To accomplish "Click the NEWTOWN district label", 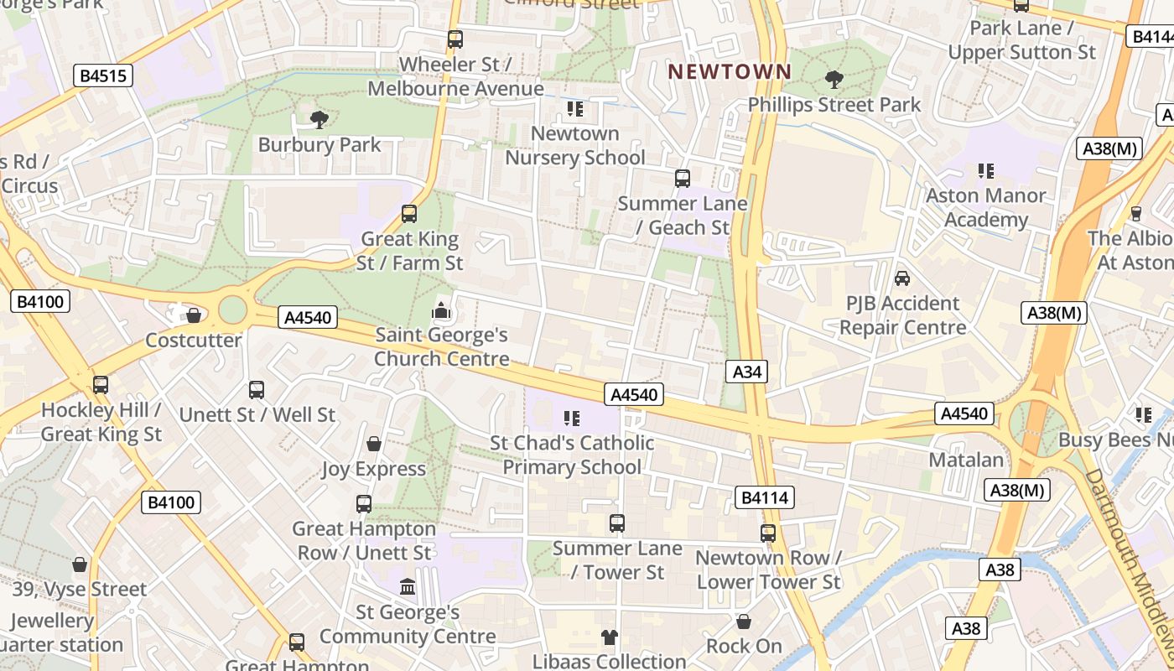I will (x=730, y=72).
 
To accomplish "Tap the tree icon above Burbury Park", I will (x=319, y=120).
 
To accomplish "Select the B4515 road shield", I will (x=104, y=76).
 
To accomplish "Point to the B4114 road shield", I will (x=764, y=497).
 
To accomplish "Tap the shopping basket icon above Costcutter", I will (x=194, y=315).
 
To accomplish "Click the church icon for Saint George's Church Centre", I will (x=441, y=311).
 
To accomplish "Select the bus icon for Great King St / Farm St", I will (x=409, y=214).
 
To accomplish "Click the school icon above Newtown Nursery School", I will (x=574, y=109).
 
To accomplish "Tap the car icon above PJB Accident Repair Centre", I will (x=902, y=278).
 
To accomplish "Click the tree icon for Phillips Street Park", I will (x=834, y=80).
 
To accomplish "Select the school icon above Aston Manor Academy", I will (x=985, y=171).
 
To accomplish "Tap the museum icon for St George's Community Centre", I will (x=408, y=586).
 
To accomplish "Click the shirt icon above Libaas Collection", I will (x=610, y=637).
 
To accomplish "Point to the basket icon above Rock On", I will (x=743, y=622).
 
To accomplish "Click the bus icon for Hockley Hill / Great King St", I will (x=101, y=385).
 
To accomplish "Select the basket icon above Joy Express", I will (x=374, y=444).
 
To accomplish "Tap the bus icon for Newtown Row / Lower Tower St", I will (x=768, y=533).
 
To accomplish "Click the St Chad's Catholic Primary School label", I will (x=572, y=455).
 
